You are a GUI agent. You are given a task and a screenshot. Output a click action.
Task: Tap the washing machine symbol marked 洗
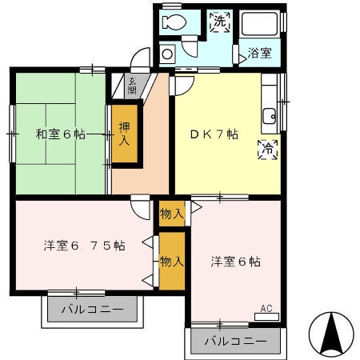pyautogui.click(x=219, y=22)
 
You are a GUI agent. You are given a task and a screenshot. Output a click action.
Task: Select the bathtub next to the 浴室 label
pyautogui.click(x=260, y=29)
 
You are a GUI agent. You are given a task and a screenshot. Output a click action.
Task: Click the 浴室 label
pyautogui.click(x=258, y=54)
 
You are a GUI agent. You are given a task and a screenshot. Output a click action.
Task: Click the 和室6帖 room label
pyautogui.click(x=60, y=134)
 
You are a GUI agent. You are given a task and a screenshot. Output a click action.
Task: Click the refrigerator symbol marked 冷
pyautogui.click(x=268, y=150)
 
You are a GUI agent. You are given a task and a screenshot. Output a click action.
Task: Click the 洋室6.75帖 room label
pyautogui.click(x=84, y=245)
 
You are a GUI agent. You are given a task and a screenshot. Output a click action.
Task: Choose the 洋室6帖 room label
pyautogui.click(x=235, y=262)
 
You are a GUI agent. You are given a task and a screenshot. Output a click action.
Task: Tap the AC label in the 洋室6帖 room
pyautogui.click(x=266, y=308)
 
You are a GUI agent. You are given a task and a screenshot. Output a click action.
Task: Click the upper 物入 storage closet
pyautogui.click(x=172, y=212)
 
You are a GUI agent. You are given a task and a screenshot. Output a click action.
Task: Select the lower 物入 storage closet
pyautogui.click(x=172, y=261)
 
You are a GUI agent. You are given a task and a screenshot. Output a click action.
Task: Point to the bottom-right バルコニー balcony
pyautogui.click(x=234, y=341)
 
